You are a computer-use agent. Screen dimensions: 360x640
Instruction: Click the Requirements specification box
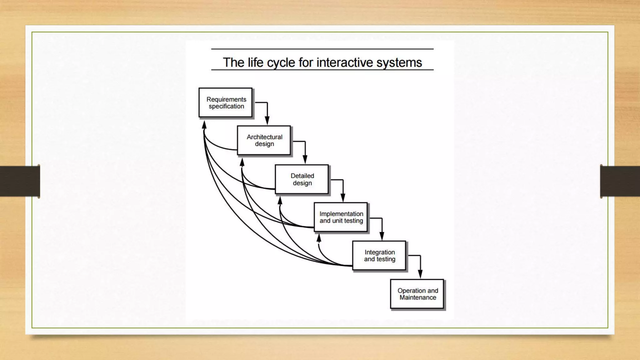click(x=225, y=102)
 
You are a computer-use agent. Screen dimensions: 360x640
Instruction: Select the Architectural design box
click(x=264, y=140)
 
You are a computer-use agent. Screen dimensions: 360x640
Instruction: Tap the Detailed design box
click(x=302, y=179)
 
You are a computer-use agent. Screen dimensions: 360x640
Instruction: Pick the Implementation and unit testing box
click(x=341, y=217)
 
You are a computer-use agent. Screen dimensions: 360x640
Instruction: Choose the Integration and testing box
click(x=379, y=256)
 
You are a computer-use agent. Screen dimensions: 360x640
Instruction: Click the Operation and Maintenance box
click(x=417, y=294)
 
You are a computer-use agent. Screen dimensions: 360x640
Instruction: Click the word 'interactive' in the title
click(x=345, y=62)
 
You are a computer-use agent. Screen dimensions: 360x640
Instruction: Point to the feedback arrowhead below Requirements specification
click(x=204, y=125)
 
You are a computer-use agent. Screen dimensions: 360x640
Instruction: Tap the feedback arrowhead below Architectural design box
click(x=242, y=162)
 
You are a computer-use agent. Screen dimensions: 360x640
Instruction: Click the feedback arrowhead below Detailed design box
click(x=280, y=201)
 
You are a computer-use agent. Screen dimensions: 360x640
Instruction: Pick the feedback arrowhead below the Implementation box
click(x=319, y=239)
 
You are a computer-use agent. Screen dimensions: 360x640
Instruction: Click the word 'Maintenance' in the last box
click(x=418, y=297)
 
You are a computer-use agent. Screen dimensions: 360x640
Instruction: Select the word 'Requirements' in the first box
click(x=226, y=99)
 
